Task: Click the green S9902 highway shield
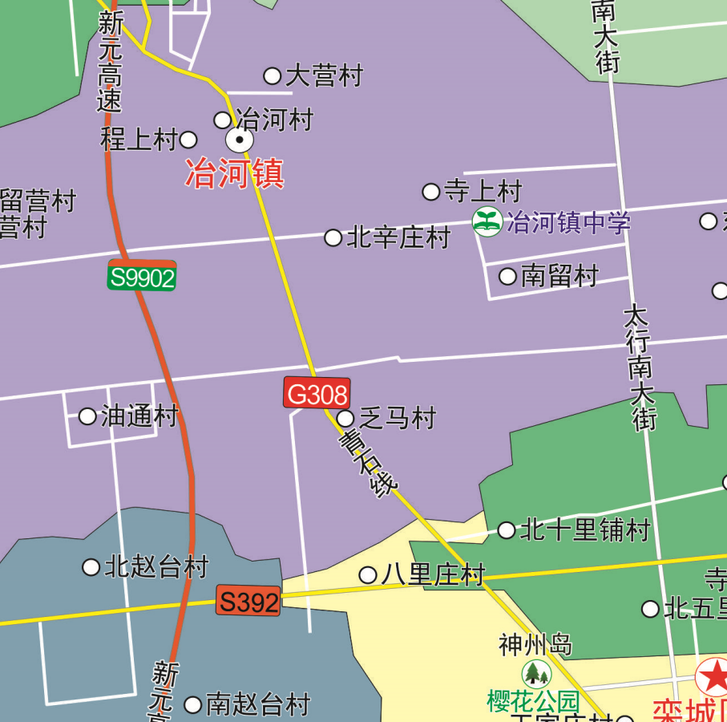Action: click(x=142, y=277)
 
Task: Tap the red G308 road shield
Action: click(x=317, y=393)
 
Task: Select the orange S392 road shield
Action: click(x=248, y=602)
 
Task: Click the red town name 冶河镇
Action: click(x=235, y=173)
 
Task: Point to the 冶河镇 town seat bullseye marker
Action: click(x=239, y=141)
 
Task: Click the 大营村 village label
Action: click(x=324, y=76)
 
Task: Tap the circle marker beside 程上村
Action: click(x=188, y=140)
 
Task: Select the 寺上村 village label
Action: click(x=483, y=191)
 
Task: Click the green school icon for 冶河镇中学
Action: click(x=487, y=221)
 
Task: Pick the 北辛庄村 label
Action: click(x=398, y=237)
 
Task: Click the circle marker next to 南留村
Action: click(x=507, y=277)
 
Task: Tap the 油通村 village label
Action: click(x=139, y=416)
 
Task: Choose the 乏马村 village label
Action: click(x=397, y=418)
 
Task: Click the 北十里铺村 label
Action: click(x=584, y=530)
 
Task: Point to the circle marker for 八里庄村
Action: click(x=368, y=575)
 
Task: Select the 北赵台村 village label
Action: click(x=156, y=567)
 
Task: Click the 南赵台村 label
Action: click(x=258, y=705)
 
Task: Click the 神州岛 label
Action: click(x=535, y=644)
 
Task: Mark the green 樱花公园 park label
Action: click(x=533, y=701)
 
